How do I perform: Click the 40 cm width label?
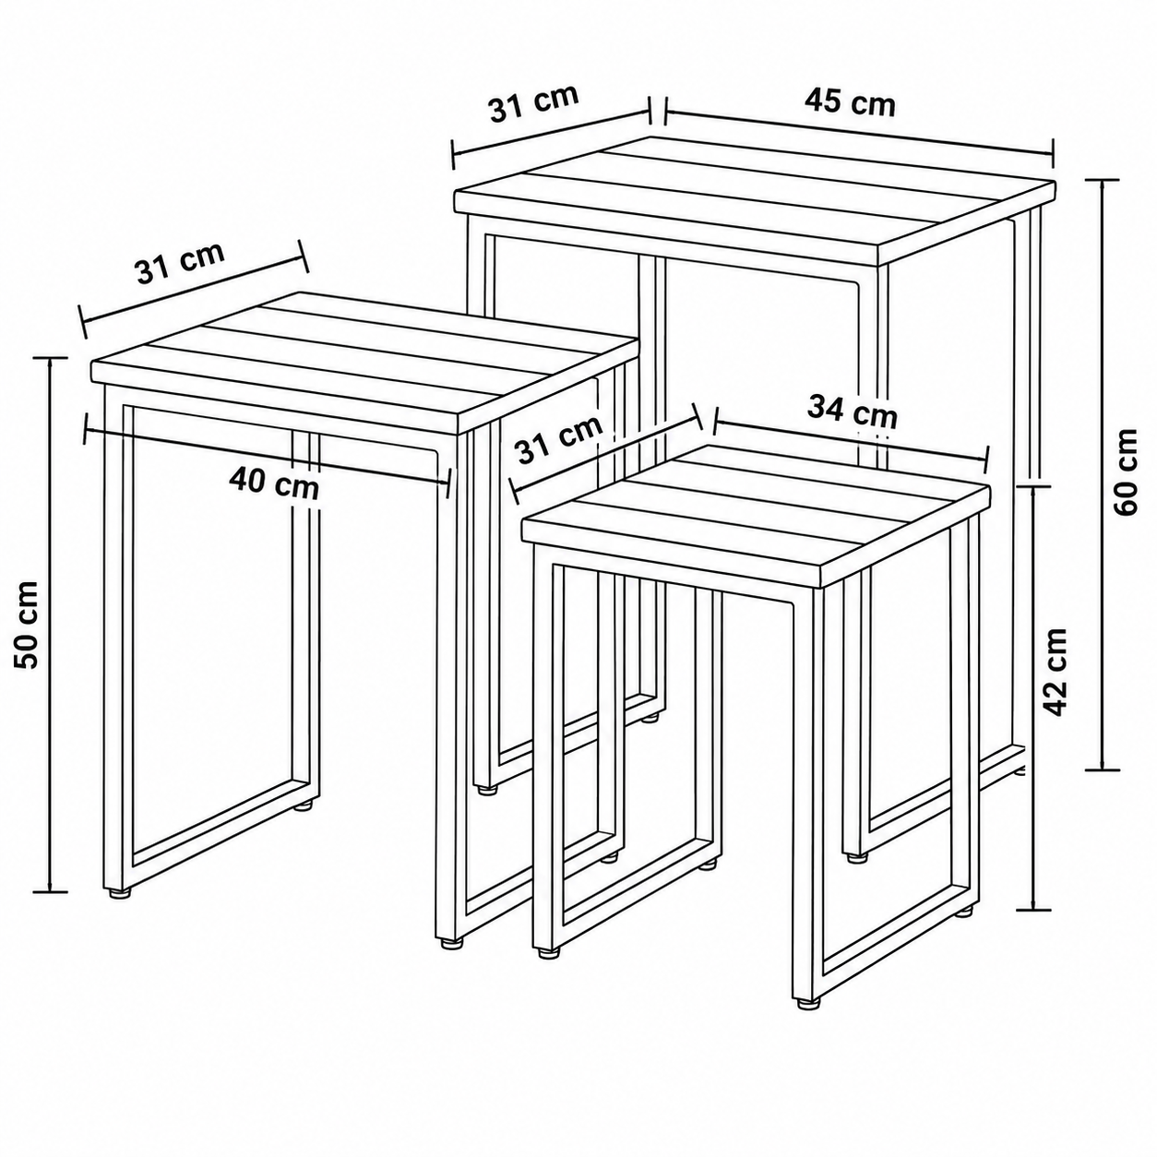tap(274, 484)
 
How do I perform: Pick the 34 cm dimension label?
tap(852, 412)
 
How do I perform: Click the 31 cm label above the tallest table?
tap(534, 103)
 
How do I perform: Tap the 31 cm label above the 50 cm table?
tap(181, 262)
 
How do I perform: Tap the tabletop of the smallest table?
tap(756, 515)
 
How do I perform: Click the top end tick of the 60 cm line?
tap(1101, 180)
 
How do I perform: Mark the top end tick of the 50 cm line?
tap(50, 357)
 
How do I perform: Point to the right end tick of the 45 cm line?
tap(1052, 155)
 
